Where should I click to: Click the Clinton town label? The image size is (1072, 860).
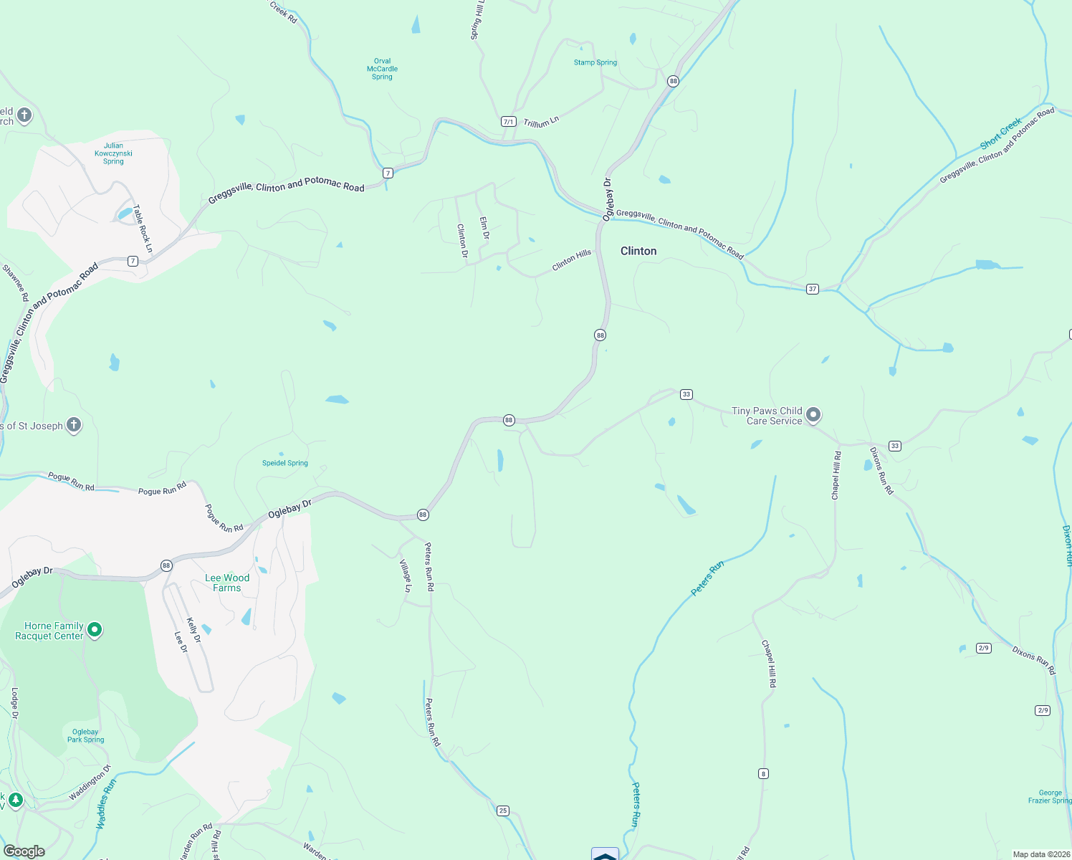638,251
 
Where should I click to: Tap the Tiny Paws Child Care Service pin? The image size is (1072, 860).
813,414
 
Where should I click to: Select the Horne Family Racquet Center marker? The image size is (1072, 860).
94,630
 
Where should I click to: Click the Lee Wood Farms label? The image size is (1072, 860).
227,583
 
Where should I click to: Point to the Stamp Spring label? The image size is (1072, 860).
595,62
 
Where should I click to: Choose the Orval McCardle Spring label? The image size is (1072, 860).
382,69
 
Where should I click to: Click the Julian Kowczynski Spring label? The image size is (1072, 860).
113,153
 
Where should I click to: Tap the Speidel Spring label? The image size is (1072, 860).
284,463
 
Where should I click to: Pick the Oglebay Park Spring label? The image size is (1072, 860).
85,736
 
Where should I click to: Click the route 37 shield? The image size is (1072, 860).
812,289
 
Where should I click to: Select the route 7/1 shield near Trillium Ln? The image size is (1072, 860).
508,122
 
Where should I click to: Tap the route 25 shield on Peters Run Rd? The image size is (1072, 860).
503,811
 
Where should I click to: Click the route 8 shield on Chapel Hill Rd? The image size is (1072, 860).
764,773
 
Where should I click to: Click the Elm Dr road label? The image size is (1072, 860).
484,228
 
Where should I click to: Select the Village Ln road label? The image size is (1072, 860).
406,575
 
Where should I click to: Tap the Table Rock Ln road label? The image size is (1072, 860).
143,229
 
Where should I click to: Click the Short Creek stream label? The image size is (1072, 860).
1000,134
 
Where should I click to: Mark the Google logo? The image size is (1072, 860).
24,851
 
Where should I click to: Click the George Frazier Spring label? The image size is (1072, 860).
1050,796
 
